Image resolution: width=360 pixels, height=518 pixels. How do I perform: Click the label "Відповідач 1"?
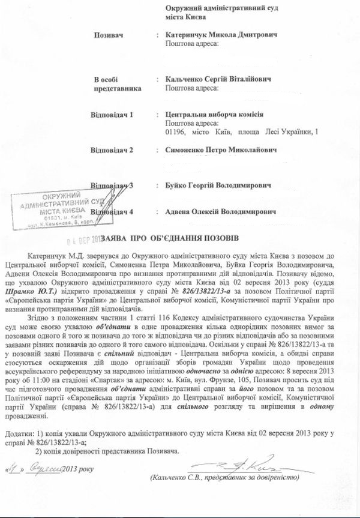[x=116, y=114]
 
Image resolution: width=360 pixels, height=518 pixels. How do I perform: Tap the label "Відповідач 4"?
[x=116, y=212]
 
